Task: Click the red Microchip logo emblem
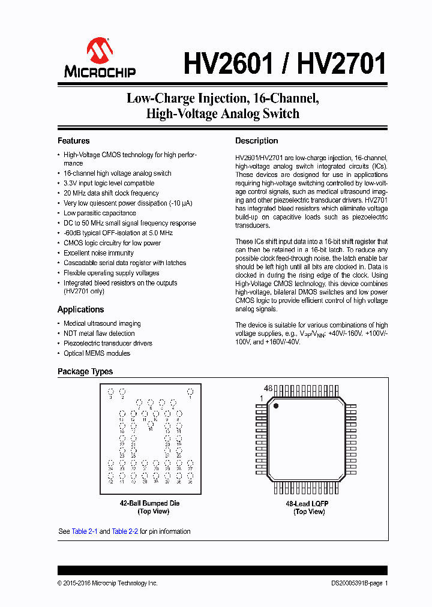pos(100,51)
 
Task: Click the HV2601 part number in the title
pos(228,63)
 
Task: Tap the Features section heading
pos(73,141)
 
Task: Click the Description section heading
pos(256,141)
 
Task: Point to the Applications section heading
pos(80,309)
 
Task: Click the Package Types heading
pos(85,372)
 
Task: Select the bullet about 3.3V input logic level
pos(109,184)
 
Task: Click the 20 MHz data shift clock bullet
pos(111,193)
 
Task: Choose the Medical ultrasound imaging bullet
pos(102,323)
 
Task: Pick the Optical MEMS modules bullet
pos(97,353)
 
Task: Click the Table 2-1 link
pos(85,531)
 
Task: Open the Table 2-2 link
pos(125,531)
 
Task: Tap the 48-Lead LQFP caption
pos(307,504)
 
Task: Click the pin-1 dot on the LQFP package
pos(277,406)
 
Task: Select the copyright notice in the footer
pos(107,583)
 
